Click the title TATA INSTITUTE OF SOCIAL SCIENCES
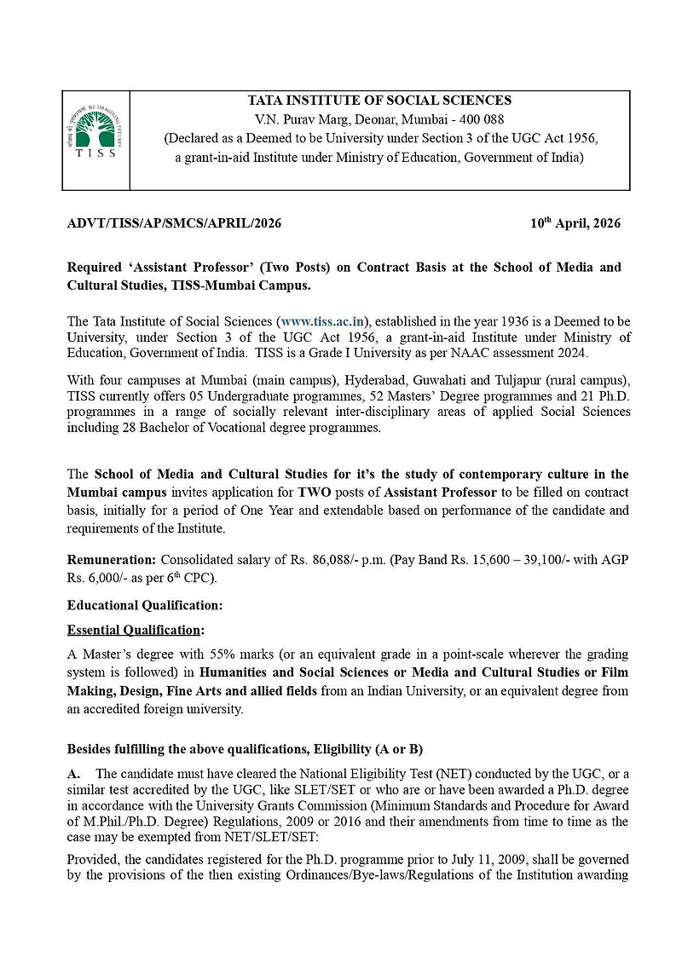point(379,101)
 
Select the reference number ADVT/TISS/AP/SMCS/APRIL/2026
point(174,224)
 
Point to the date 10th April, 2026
point(575,223)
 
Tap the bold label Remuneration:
point(112,561)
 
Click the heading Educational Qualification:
point(145,605)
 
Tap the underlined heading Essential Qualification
point(135,630)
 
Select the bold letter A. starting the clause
point(74,774)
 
